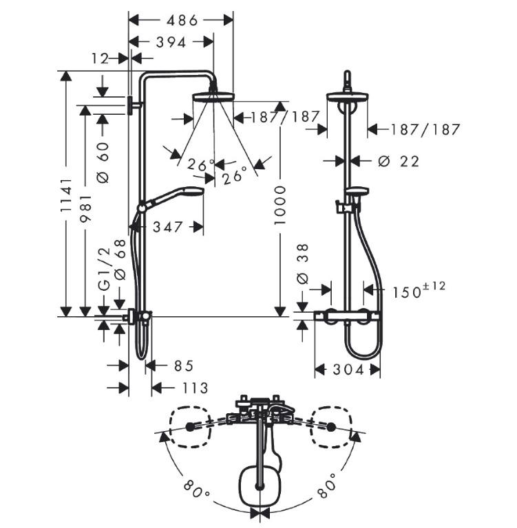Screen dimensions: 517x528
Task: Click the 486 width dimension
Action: pos(182,21)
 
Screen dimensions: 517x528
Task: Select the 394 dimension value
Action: pos(171,43)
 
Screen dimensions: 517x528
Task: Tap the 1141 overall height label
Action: pos(66,195)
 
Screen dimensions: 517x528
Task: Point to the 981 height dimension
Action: pos(85,209)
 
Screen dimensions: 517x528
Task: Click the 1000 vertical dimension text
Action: pos(280,205)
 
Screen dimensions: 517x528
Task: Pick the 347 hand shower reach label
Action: pos(167,227)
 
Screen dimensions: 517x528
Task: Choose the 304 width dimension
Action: pos(348,370)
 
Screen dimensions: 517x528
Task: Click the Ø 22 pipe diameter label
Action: pos(399,162)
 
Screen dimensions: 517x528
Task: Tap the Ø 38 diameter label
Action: pos(302,264)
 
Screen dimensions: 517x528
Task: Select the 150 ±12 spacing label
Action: pos(419,291)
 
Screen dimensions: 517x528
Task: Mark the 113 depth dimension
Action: pos(195,388)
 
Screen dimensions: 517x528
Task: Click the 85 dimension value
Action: pos(184,366)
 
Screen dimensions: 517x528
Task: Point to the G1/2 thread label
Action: pos(104,269)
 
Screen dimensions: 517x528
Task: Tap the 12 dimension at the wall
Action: pos(100,59)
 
